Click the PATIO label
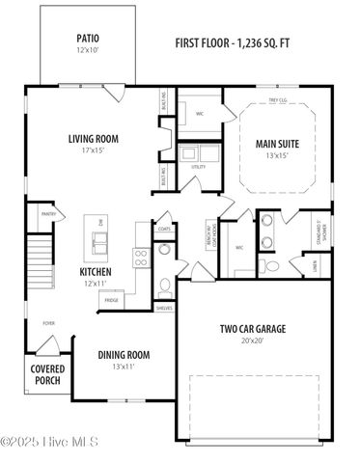(x=88, y=40)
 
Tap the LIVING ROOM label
(x=93, y=138)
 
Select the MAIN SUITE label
(x=276, y=144)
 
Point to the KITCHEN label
(x=95, y=272)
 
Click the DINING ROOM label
(x=124, y=355)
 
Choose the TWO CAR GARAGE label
(x=249, y=328)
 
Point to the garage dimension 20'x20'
(x=249, y=340)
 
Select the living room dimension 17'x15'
(x=93, y=150)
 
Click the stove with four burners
(x=140, y=257)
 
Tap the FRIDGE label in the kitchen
(x=111, y=301)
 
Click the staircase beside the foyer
(x=37, y=256)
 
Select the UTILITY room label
(x=198, y=167)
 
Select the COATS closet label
(x=164, y=229)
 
